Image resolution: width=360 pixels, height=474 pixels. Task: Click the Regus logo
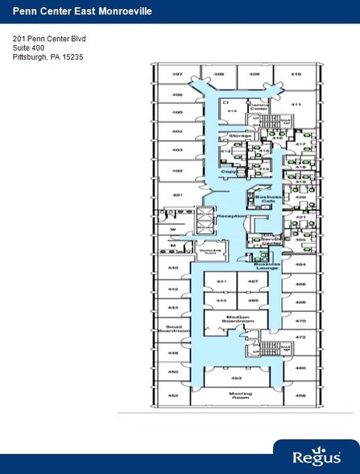[x=315, y=457]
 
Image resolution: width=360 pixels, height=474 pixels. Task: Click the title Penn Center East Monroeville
[x=66, y=10]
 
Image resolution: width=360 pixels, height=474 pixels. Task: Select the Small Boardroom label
[x=172, y=328]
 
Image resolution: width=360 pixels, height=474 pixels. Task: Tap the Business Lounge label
[x=267, y=265]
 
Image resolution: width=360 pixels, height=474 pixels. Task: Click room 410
[x=296, y=74]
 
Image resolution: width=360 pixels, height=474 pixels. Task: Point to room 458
[x=300, y=396]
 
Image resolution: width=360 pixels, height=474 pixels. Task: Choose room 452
[x=172, y=396]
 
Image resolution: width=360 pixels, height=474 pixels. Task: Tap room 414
[x=231, y=110]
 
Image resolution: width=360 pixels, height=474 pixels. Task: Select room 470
[x=300, y=320]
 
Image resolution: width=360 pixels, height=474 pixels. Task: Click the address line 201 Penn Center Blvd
[x=48, y=38]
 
